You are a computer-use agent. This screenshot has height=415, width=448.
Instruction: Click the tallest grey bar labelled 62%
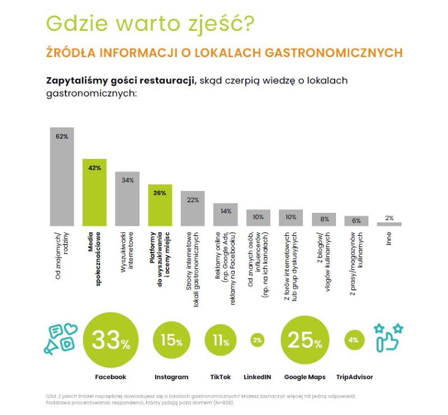pos(62,176)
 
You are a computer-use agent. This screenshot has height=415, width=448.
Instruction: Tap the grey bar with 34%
pos(128,198)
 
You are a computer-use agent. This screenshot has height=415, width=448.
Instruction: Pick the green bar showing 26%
pos(160,205)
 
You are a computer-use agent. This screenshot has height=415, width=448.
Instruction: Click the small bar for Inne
pos(389,223)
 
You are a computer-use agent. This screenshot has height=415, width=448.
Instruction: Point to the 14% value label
pos(226,211)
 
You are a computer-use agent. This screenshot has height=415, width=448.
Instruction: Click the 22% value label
pos(193,199)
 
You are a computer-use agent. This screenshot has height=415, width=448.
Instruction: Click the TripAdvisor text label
pos(354,377)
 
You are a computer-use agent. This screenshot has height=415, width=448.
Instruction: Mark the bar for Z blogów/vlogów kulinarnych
pos(324,219)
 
